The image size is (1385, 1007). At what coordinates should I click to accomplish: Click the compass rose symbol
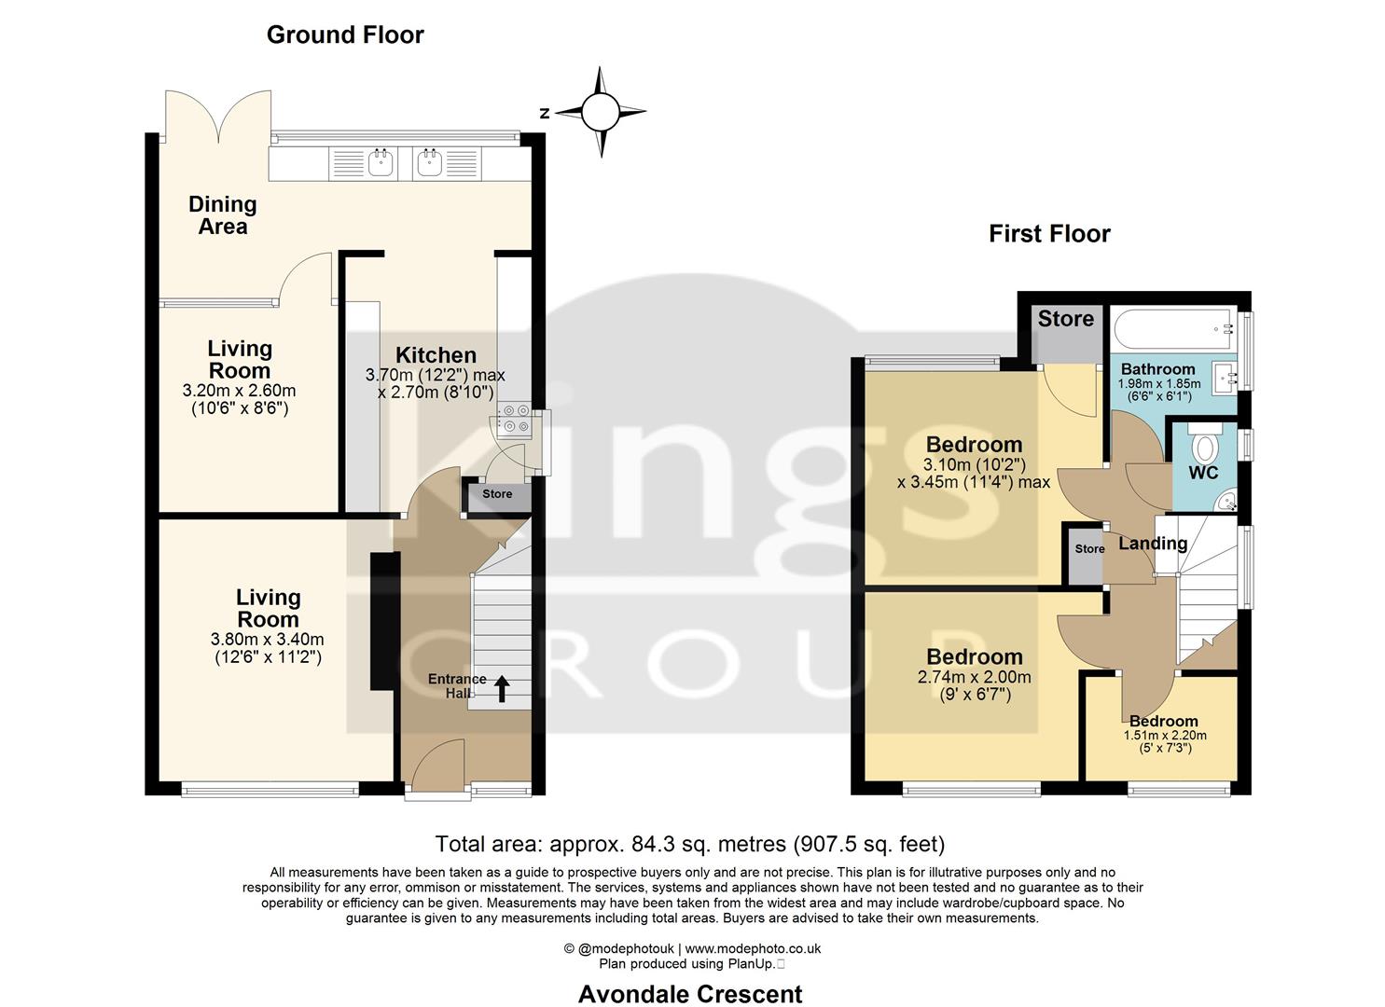tap(600, 113)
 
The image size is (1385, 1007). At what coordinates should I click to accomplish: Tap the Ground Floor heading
tap(345, 34)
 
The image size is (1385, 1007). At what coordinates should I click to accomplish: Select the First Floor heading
tap(1049, 233)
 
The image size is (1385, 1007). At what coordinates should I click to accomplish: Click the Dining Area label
tap(222, 215)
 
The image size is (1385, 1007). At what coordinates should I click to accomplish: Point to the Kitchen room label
tap(436, 355)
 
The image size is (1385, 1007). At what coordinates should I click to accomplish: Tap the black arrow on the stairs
tap(501, 689)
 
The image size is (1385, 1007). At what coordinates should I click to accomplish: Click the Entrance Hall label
tap(457, 685)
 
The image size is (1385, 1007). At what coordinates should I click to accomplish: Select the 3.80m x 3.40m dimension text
tap(268, 640)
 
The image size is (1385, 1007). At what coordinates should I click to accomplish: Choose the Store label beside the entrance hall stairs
tap(497, 494)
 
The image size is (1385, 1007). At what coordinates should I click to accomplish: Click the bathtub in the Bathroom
tap(1171, 328)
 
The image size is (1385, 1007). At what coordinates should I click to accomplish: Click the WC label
tap(1203, 473)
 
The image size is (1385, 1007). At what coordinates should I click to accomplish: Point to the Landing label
tap(1153, 544)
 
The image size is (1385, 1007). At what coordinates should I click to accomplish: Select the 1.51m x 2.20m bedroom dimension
tap(1164, 735)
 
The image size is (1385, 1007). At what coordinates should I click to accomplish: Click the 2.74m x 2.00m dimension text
tap(975, 678)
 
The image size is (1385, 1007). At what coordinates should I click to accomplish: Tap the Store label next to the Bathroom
tap(1065, 319)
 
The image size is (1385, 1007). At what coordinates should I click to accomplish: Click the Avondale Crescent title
tap(690, 994)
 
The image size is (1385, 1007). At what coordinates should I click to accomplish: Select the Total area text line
tap(690, 844)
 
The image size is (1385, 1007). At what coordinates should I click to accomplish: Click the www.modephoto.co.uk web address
tap(754, 948)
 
